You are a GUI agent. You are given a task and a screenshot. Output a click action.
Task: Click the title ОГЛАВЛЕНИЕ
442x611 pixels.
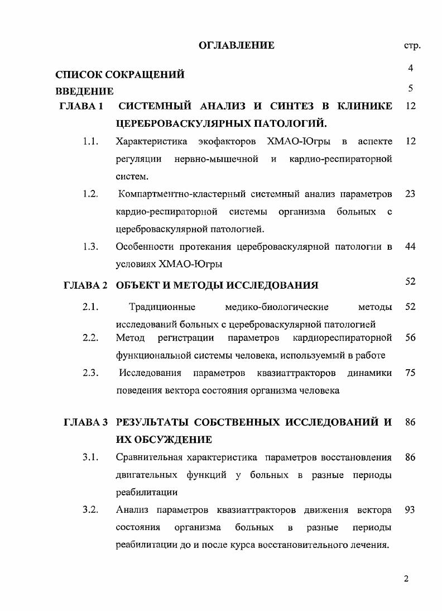[x=237, y=45]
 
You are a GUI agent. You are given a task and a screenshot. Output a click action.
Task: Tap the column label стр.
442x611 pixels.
[x=411, y=46]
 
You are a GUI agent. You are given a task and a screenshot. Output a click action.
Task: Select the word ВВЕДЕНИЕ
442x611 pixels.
[x=84, y=91]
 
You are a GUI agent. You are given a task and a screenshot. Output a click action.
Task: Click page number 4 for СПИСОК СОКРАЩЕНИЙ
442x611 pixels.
[x=411, y=68]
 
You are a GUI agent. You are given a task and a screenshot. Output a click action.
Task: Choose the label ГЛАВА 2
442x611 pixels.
[x=85, y=285]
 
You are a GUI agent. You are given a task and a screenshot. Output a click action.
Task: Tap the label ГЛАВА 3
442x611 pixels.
[x=85, y=423]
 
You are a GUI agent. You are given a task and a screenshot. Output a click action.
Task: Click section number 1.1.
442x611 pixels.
[x=90, y=142]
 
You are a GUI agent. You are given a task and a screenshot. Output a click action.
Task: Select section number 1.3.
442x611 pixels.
[x=90, y=247]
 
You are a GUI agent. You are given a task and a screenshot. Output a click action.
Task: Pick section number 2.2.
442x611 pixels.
[x=90, y=338]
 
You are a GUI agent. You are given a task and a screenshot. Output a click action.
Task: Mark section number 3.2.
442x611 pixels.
[x=90, y=510]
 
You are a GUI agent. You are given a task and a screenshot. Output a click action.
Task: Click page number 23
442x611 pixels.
[x=411, y=194]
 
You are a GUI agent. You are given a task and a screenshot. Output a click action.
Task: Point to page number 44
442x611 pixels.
[x=411, y=247]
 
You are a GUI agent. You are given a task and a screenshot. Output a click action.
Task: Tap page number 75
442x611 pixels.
[x=411, y=373]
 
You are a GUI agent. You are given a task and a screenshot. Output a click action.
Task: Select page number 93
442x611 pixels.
[x=411, y=510]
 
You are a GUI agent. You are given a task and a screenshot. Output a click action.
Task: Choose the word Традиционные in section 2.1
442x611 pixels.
[x=162, y=307]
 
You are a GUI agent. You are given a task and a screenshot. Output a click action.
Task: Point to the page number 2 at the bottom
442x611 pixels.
[x=406, y=579]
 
